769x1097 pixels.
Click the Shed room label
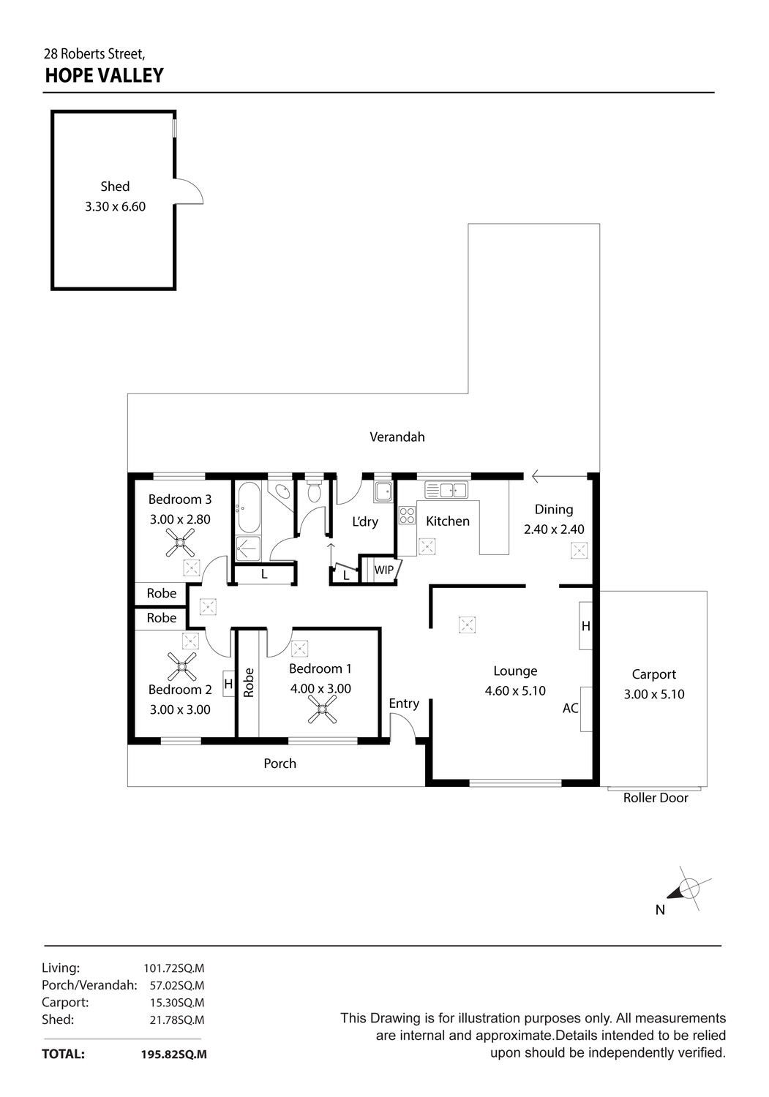click(x=115, y=186)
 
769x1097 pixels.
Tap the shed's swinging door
click(x=190, y=192)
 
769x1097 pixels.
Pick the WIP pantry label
click(x=383, y=570)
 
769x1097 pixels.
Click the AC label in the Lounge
click(x=571, y=708)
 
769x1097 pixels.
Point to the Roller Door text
click(x=656, y=798)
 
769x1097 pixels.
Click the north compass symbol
click(x=687, y=889)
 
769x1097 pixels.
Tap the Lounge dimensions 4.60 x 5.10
click(x=515, y=690)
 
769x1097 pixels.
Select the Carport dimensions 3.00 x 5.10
click(x=654, y=694)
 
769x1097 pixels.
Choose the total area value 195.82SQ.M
click(x=174, y=1055)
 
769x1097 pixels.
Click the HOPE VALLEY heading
click(x=104, y=75)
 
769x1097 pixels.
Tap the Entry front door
click(x=403, y=728)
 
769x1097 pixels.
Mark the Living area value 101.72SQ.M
click(x=174, y=968)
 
